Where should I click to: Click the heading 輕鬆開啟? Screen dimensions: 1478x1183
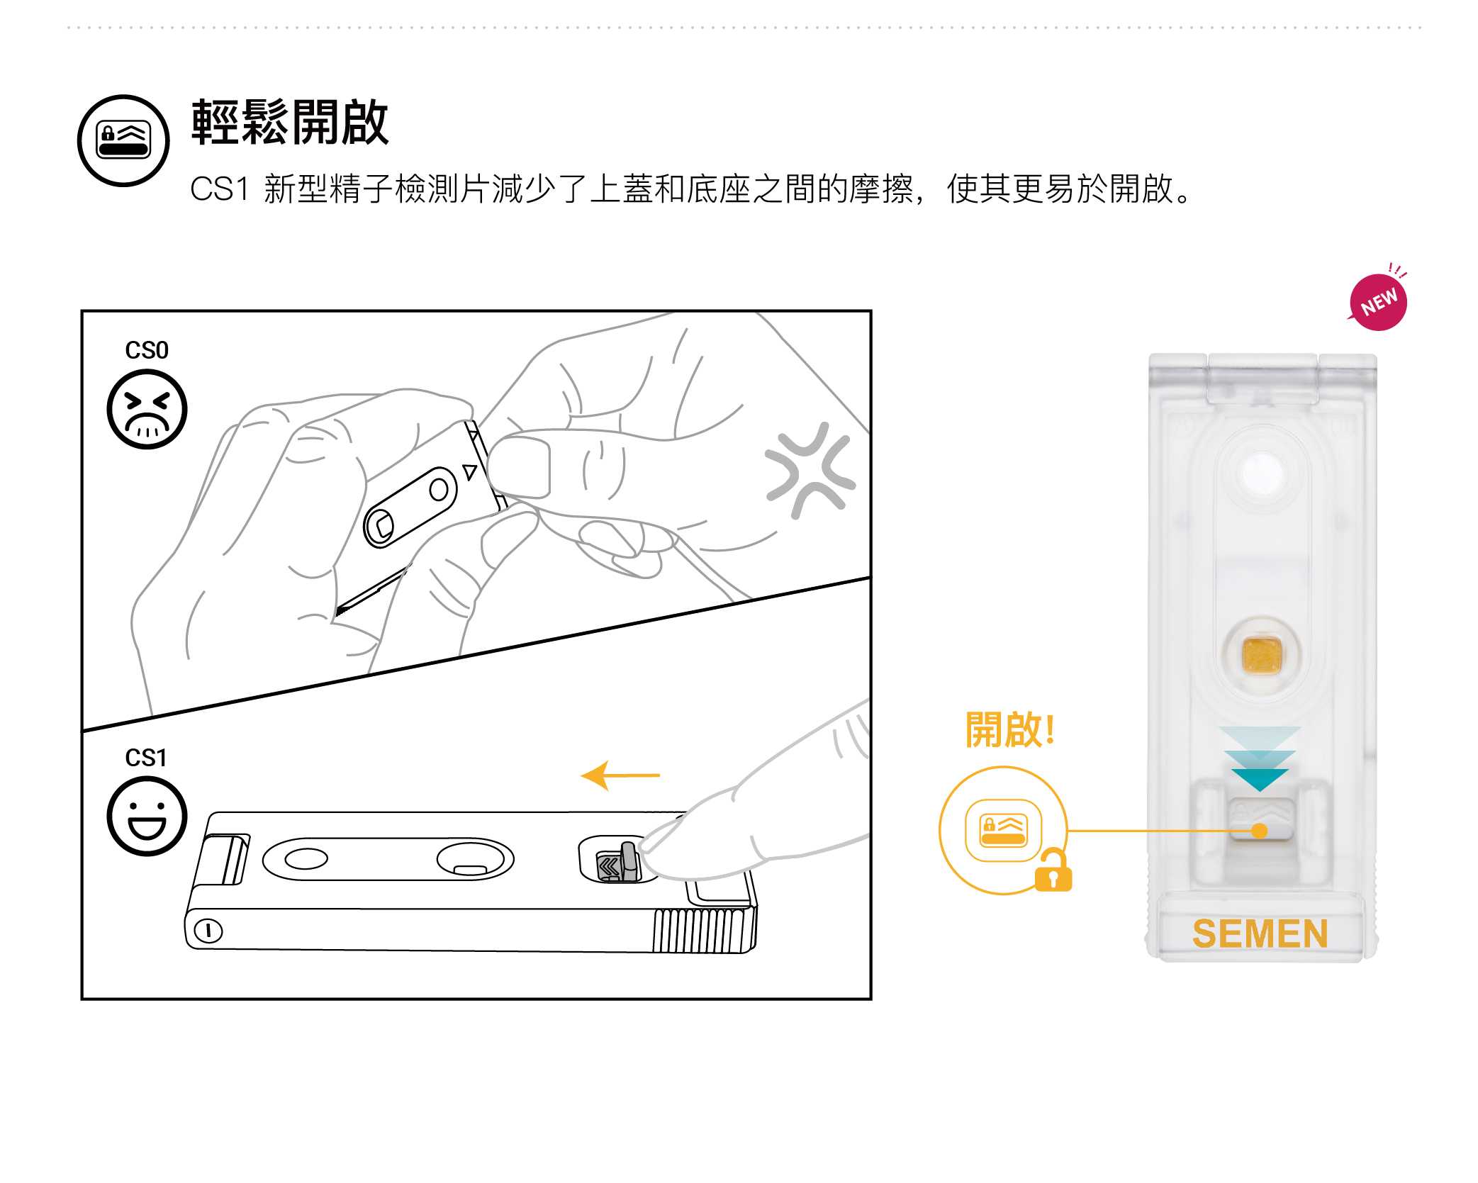coord(290,123)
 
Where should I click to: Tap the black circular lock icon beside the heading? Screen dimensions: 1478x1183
coord(123,140)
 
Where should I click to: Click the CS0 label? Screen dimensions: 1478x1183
coord(147,350)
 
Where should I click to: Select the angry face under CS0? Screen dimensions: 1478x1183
coord(147,409)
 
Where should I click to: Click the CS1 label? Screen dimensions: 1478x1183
coord(146,758)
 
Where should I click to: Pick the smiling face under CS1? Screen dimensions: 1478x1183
coord(147,817)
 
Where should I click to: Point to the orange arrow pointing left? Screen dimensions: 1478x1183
coord(620,775)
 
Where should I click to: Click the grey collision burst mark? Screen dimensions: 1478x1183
coord(810,470)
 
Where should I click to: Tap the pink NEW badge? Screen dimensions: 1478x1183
coord(1378,302)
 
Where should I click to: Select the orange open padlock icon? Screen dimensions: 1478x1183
coord(1053,870)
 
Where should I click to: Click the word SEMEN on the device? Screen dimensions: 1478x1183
coord(1260,933)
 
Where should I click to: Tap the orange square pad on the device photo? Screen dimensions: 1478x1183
coord(1262,655)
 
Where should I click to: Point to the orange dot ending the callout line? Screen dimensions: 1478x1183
coord(1260,831)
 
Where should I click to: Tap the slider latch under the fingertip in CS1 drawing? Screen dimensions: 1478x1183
coord(617,863)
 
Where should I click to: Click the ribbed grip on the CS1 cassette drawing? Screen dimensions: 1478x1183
coord(705,931)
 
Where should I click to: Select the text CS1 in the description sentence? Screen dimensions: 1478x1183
coord(219,189)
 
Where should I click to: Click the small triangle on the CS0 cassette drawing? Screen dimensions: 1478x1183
coord(469,471)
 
